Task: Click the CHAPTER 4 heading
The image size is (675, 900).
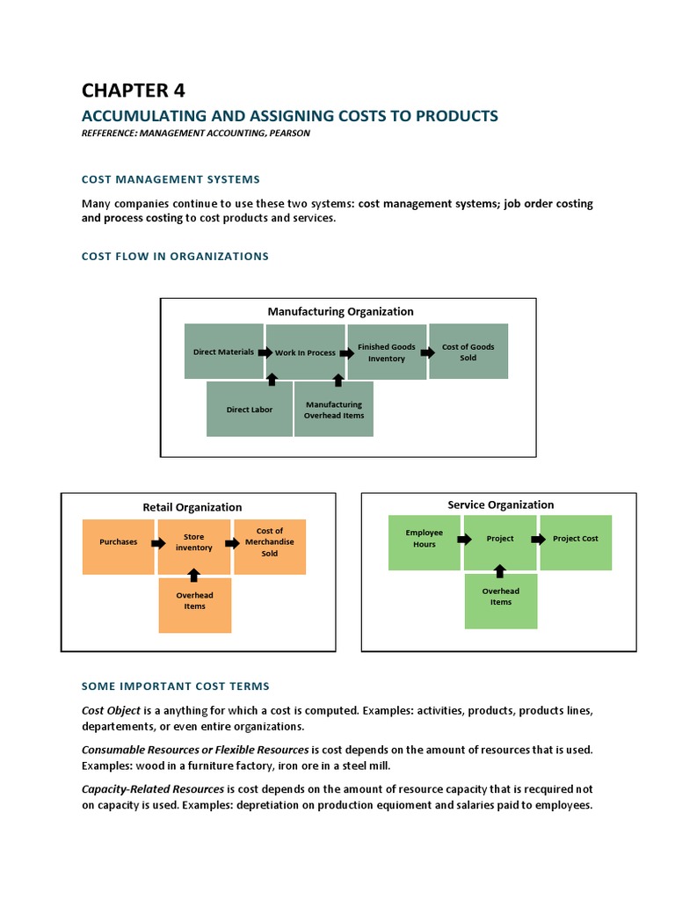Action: pyautogui.click(x=134, y=91)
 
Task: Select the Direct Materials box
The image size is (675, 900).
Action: pyautogui.click(x=223, y=352)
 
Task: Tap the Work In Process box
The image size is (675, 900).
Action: pyautogui.click(x=305, y=352)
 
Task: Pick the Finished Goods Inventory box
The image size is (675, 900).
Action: pyautogui.click(x=387, y=352)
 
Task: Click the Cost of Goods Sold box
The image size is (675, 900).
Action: pyautogui.click(x=468, y=352)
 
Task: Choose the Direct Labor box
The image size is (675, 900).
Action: pyautogui.click(x=249, y=410)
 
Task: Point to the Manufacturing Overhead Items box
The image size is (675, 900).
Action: pyautogui.click(x=333, y=410)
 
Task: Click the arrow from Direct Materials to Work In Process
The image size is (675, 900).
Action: pyautogui.click(x=261, y=352)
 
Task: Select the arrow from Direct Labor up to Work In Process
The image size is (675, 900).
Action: pyautogui.click(x=272, y=380)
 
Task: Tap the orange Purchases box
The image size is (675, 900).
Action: pyautogui.click(x=119, y=542)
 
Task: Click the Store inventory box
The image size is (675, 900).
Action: pyautogui.click(x=193, y=542)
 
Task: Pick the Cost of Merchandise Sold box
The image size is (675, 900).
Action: pyautogui.click(x=269, y=542)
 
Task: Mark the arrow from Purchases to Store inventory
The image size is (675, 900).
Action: pyautogui.click(x=157, y=543)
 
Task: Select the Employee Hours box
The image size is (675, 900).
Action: pyautogui.click(x=424, y=539)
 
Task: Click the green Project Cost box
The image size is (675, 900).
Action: pyautogui.click(x=576, y=539)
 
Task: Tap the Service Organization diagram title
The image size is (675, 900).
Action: pyautogui.click(x=501, y=504)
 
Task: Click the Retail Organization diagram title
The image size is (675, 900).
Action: pyautogui.click(x=192, y=507)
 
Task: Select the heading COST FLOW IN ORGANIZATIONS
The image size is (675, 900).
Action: pyautogui.click(x=175, y=257)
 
